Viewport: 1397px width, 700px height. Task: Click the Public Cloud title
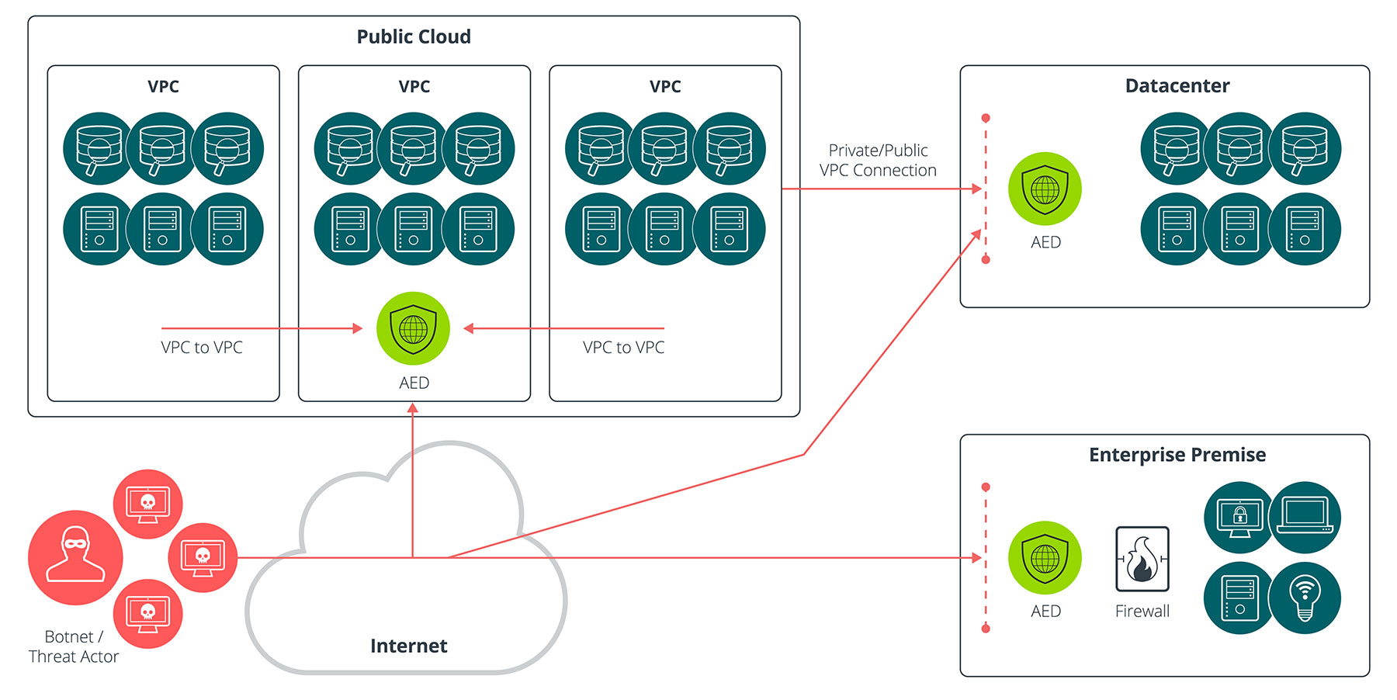point(414,36)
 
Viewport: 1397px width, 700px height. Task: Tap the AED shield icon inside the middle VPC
point(413,328)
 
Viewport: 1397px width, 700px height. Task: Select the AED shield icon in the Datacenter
point(1045,189)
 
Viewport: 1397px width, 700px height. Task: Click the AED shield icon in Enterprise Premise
point(1045,557)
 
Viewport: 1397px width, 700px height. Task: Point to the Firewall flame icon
point(1142,559)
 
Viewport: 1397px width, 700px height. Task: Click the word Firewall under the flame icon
point(1142,611)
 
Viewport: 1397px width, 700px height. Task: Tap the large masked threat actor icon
point(75,557)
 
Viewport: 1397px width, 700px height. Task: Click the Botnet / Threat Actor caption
point(73,646)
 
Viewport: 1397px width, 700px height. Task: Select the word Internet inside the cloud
point(408,646)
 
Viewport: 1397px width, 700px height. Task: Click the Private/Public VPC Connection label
point(878,160)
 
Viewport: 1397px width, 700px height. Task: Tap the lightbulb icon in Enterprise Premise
point(1305,598)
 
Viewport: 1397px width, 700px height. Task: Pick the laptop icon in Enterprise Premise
point(1305,517)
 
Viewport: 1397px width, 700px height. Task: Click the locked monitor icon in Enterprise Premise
point(1239,517)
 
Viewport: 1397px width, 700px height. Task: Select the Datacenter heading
point(1177,85)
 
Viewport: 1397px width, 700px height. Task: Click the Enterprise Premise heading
point(1177,455)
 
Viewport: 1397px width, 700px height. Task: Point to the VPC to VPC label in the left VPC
point(202,347)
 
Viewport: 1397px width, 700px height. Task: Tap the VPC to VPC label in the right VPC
point(623,347)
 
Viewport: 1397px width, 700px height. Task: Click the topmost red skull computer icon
point(147,504)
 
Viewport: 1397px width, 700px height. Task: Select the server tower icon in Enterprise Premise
point(1239,598)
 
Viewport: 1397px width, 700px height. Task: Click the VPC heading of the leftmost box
point(163,86)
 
